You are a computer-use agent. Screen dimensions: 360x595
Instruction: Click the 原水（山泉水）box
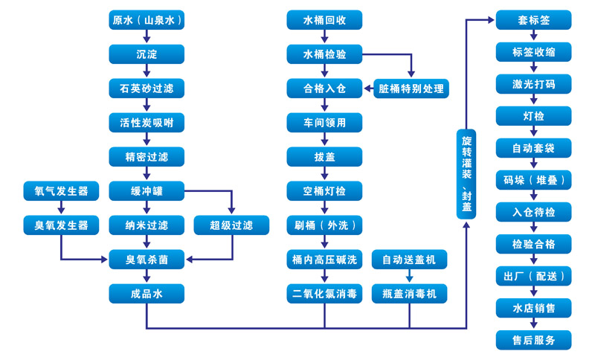(x=147, y=20)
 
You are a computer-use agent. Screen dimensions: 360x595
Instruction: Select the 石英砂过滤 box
(x=147, y=89)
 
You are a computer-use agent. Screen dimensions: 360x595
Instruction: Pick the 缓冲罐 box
(x=147, y=191)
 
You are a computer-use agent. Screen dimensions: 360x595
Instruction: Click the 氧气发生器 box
(x=61, y=191)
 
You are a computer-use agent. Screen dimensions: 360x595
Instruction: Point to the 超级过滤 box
(x=231, y=225)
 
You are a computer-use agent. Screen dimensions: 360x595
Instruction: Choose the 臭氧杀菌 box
(x=147, y=260)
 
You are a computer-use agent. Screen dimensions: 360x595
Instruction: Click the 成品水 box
(x=147, y=294)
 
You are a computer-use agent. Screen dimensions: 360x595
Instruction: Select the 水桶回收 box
(x=324, y=20)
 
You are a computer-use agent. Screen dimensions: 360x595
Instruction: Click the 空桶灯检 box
(x=324, y=191)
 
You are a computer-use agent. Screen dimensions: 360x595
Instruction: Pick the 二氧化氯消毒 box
(x=324, y=294)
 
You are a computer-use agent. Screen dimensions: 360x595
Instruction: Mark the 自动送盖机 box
(x=409, y=260)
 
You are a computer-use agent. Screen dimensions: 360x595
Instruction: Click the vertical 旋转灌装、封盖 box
(x=466, y=173)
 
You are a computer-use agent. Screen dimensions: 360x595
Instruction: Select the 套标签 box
(x=533, y=20)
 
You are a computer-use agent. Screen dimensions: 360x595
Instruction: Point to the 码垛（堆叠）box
(x=533, y=180)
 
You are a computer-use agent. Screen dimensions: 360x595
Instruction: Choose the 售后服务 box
(x=533, y=340)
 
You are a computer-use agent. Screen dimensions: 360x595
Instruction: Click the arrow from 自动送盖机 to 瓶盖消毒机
(x=409, y=277)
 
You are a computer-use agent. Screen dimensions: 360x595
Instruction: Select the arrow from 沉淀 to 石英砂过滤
(x=147, y=71)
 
